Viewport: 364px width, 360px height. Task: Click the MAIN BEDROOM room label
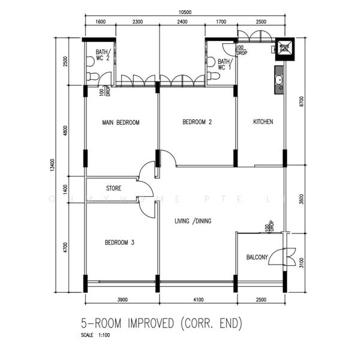[x=121, y=122]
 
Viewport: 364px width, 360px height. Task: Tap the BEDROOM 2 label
[x=197, y=122]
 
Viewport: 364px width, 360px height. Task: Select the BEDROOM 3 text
[x=119, y=242]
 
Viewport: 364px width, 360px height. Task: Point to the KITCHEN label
[x=263, y=122]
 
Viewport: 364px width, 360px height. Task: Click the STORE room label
[x=113, y=188]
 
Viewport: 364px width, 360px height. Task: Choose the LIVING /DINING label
[x=192, y=221]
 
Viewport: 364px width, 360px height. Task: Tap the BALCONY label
[x=257, y=257]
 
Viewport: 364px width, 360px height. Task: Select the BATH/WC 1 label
[x=225, y=64]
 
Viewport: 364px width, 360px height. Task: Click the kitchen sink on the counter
[x=279, y=79]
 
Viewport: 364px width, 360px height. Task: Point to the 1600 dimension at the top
[x=100, y=22]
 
